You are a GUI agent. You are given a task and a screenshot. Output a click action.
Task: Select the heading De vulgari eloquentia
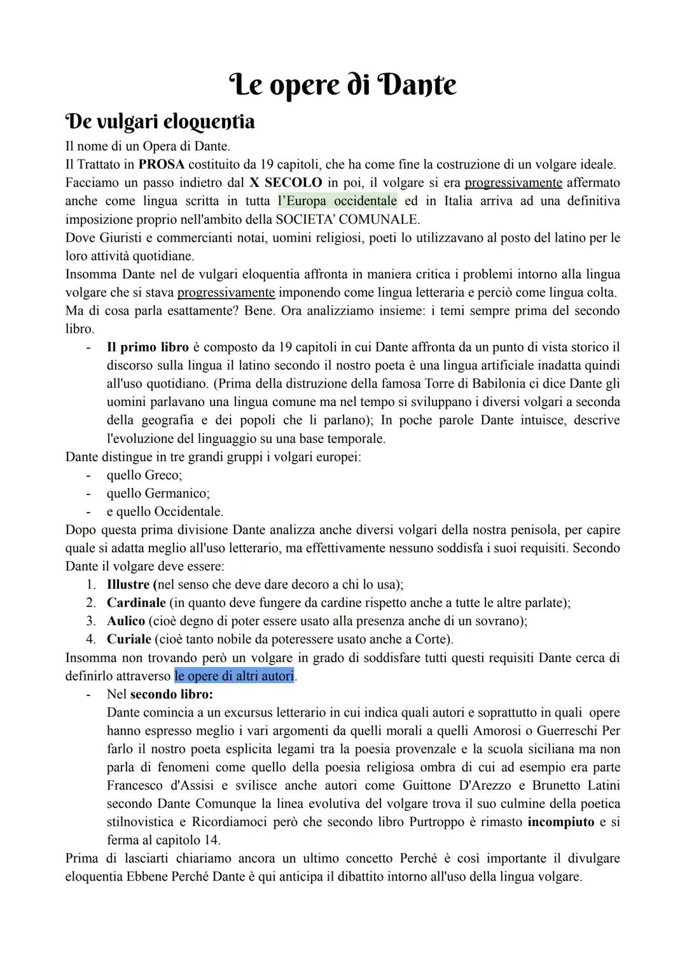160,121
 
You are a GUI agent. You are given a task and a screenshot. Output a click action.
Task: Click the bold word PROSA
161,165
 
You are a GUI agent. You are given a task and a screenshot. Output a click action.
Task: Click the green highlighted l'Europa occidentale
337,201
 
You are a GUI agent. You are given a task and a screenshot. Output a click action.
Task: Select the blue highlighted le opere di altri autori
234,676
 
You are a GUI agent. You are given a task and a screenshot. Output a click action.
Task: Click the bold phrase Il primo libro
148,348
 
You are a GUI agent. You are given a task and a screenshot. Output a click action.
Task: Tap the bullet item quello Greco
144,475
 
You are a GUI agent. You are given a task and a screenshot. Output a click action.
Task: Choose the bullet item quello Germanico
158,494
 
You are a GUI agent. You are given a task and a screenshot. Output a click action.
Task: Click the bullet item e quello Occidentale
165,512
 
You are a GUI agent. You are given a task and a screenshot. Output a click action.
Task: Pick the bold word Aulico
125,621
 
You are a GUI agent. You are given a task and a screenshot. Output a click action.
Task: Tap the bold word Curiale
128,639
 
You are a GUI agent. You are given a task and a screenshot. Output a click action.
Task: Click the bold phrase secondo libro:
171,695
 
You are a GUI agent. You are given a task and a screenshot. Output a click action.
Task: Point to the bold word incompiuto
560,822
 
